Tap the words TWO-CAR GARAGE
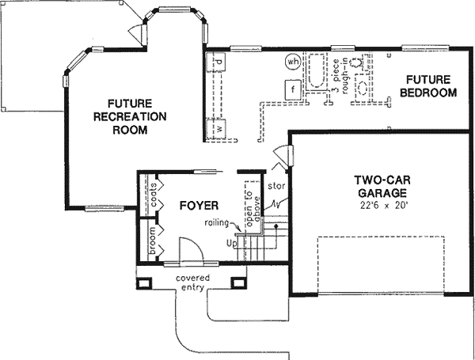pyautogui.click(x=381, y=187)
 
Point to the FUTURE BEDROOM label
pyautogui.click(x=428, y=86)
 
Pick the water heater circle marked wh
pyautogui.click(x=293, y=61)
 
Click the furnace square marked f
pyautogui.click(x=293, y=89)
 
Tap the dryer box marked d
pyautogui.click(x=218, y=61)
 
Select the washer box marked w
pyautogui.click(x=217, y=127)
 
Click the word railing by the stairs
pyautogui.click(x=216, y=222)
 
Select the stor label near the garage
pyautogui.click(x=275, y=188)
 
